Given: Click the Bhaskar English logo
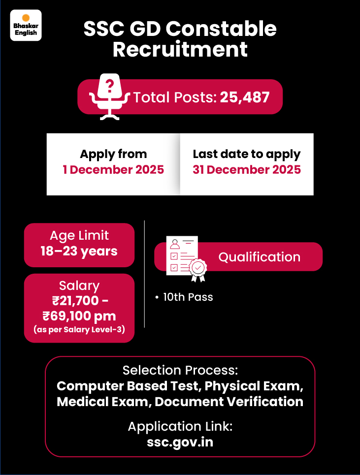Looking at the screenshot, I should point(26,25).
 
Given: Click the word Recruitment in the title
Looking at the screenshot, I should point(180,49).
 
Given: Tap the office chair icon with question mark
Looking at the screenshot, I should point(109,96).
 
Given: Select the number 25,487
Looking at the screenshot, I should point(245,97).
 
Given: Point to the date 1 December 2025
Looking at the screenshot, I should point(113,170).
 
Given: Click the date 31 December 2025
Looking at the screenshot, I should point(247,170).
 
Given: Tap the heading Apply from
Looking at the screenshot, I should point(113,154).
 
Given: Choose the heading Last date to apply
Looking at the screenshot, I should point(247,154).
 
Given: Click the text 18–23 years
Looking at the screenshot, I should point(79,251).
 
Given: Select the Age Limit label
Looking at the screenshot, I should point(79,235).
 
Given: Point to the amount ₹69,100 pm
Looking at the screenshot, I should point(79,316).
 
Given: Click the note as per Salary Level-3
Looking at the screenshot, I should point(79,330).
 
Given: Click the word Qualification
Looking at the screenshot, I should point(259,257).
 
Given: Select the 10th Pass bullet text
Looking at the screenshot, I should point(188,297).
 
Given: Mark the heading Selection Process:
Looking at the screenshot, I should point(180,370).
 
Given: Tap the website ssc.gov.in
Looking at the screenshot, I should point(180,442).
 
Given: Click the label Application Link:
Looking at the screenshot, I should point(180,426).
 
